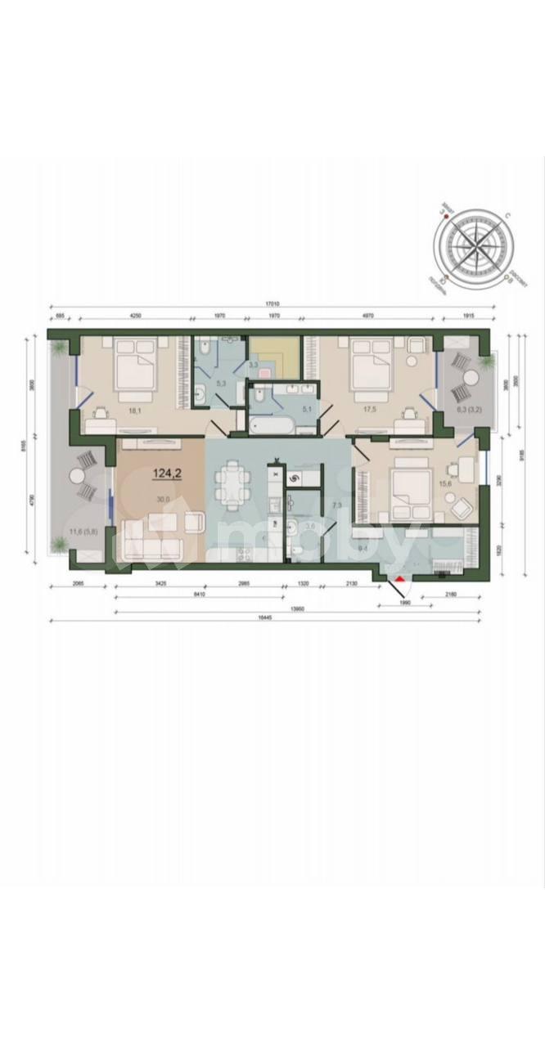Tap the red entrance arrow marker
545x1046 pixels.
tap(399, 582)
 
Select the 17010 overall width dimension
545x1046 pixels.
tap(273, 303)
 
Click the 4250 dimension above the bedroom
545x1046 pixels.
tap(135, 316)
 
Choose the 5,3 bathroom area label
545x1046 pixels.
tap(220, 383)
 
